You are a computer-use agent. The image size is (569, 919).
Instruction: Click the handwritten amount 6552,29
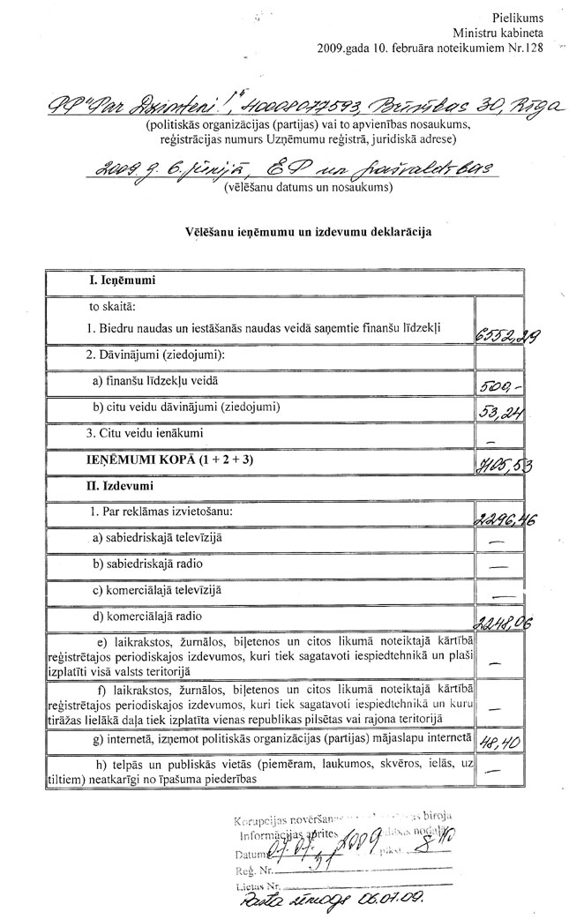click(506, 332)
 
